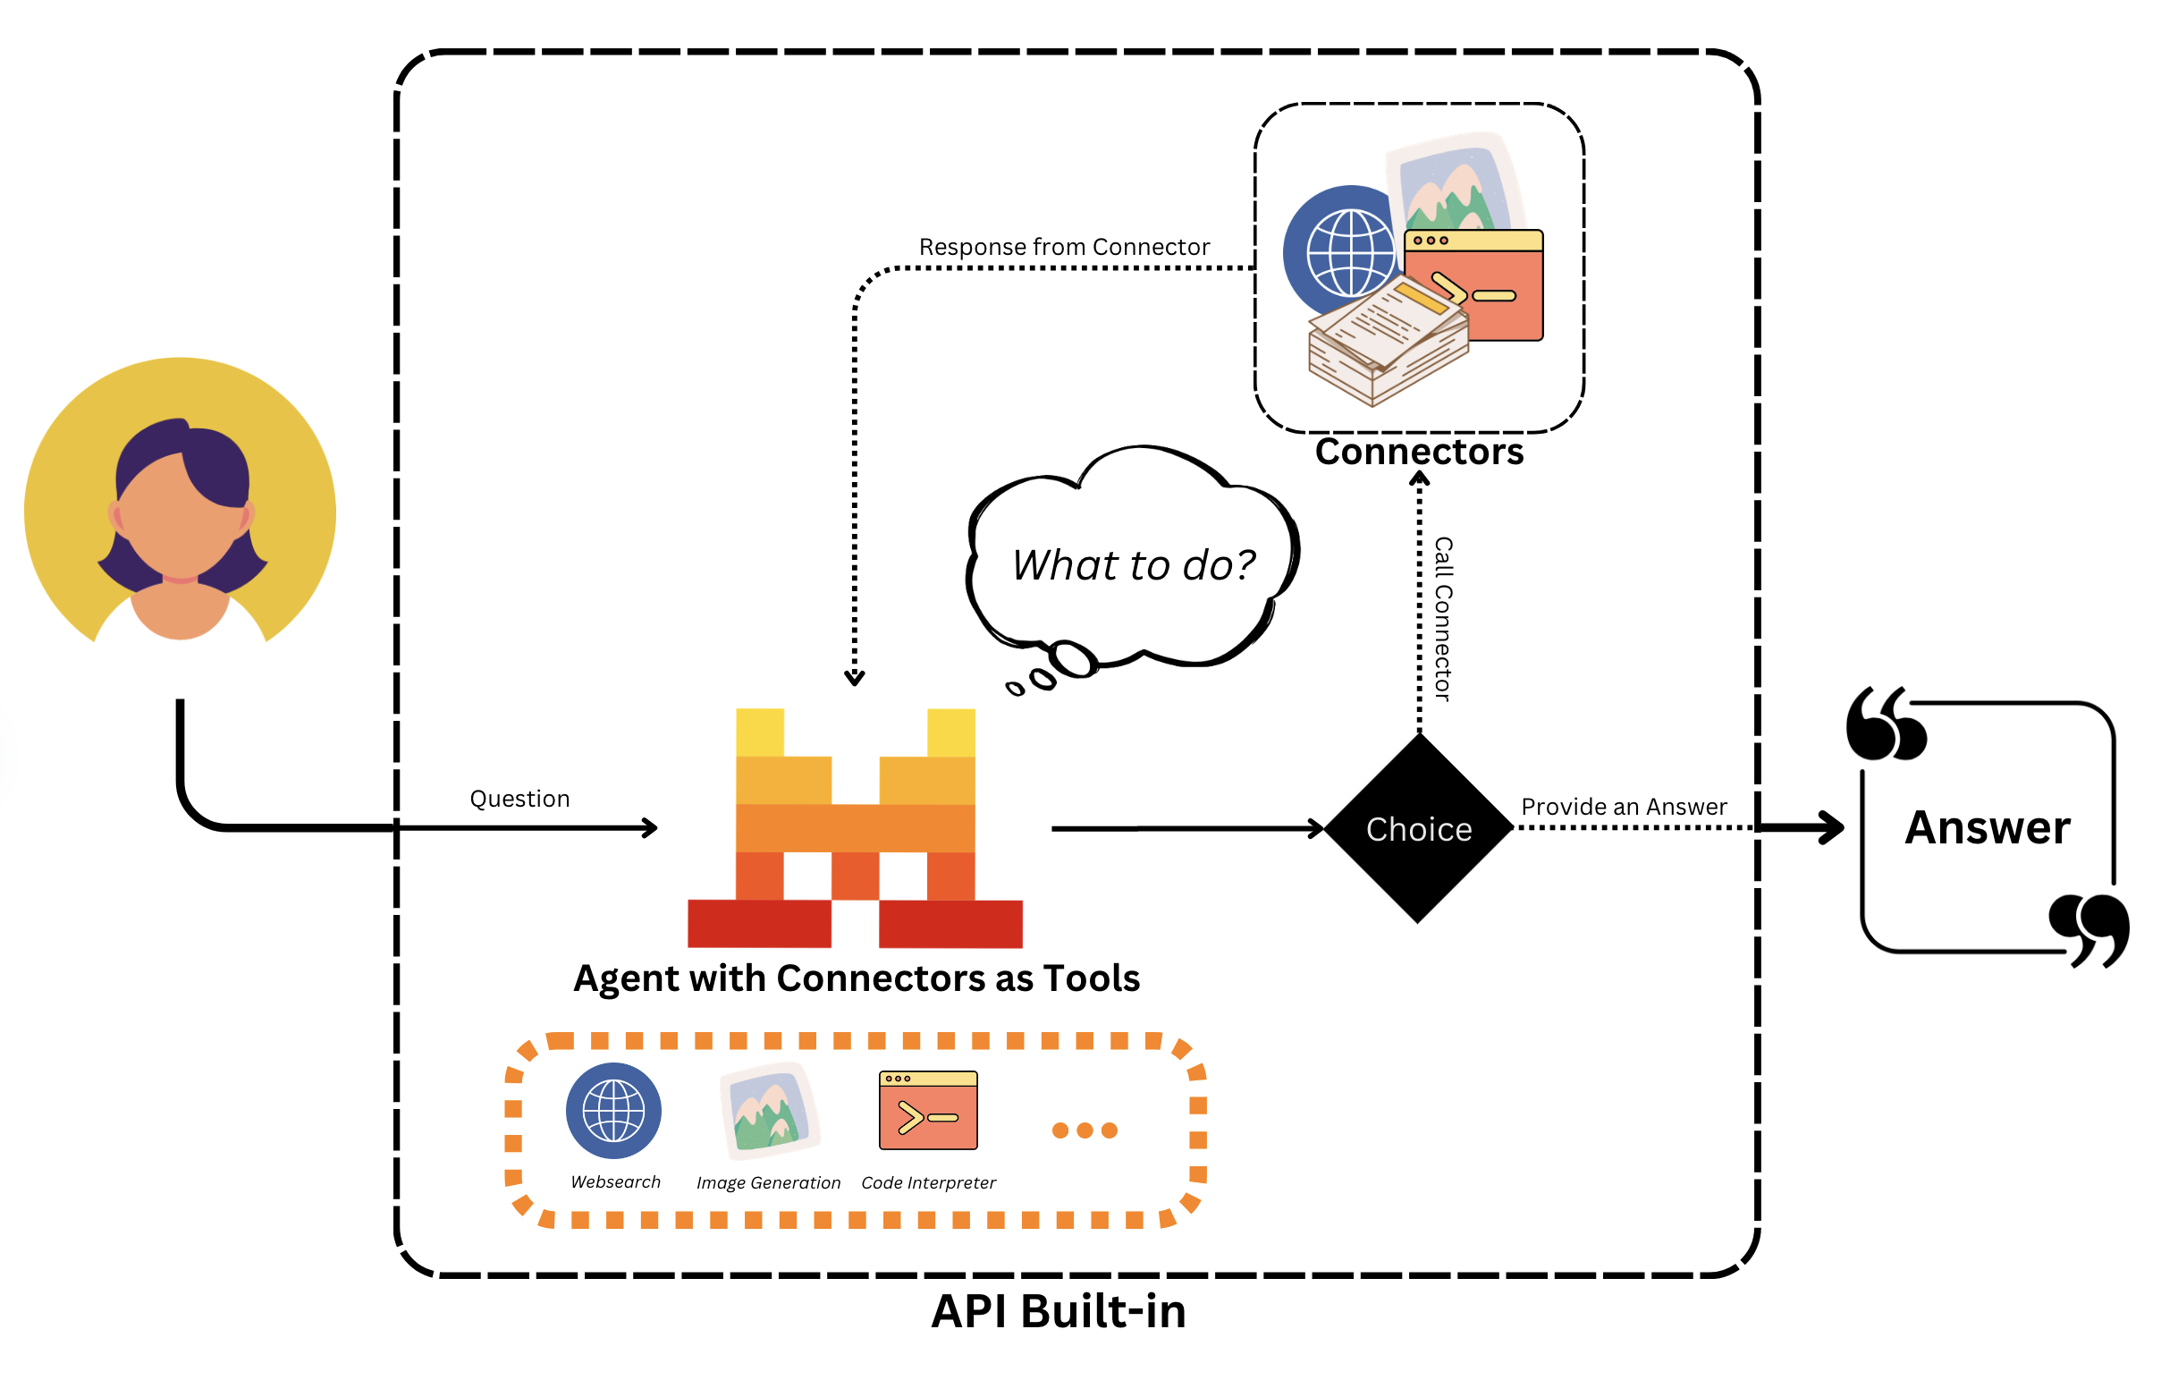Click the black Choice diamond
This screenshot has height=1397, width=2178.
pyautogui.click(x=1418, y=828)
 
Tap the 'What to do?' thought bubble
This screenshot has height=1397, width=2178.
pyautogui.click(x=1133, y=564)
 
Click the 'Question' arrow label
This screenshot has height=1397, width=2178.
pyautogui.click(x=519, y=799)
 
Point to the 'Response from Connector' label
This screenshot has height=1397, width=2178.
pyautogui.click(x=1064, y=247)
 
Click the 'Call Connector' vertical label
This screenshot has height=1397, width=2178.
pyautogui.click(x=1443, y=619)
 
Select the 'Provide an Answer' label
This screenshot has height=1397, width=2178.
pyautogui.click(x=1623, y=807)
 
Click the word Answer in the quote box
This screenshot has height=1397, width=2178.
pyautogui.click(x=1987, y=827)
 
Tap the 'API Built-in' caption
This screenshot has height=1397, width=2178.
pyautogui.click(x=1059, y=1311)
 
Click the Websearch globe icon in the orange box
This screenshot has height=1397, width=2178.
pyautogui.click(x=613, y=1110)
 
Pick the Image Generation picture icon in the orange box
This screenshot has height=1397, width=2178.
pyautogui.click(x=769, y=1110)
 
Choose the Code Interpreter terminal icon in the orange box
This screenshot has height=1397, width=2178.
pyautogui.click(x=927, y=1110)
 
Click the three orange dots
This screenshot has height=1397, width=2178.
pyautogui.click(x=1084, y=1130)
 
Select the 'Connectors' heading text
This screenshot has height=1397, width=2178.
pyautogui.click(x=1419, y=452)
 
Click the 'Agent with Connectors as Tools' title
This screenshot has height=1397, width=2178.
pyautogui.click(x=856, y=978)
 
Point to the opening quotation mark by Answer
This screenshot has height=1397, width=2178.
pyautogui.click(x=1884, y=724)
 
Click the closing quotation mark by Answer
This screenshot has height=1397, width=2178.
pyautogui.click(x=2088, y=930)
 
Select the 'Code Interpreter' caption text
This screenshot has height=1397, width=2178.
pyautogui.click(x=927, y=1183)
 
